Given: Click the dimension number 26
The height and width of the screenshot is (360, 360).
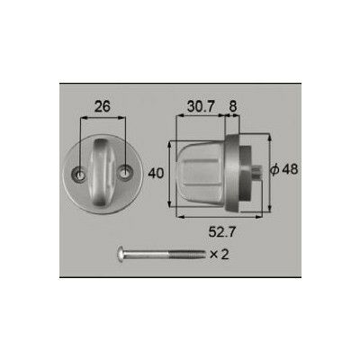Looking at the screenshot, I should click(x=101, y=104).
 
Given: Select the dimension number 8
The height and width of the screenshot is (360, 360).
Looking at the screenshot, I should click(x=234, y=105).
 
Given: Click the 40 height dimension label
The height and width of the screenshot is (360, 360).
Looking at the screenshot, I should click(x=156, y=172).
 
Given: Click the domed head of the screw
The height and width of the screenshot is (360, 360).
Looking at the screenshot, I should click(x=121, y=255).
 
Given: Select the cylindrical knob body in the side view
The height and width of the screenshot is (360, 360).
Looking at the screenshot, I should click(x=202, y=171).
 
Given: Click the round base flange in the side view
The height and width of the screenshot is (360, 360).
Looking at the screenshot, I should click(x=238, y=171).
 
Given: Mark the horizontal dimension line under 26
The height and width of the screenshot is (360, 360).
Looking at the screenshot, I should click(x=103, y=117).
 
